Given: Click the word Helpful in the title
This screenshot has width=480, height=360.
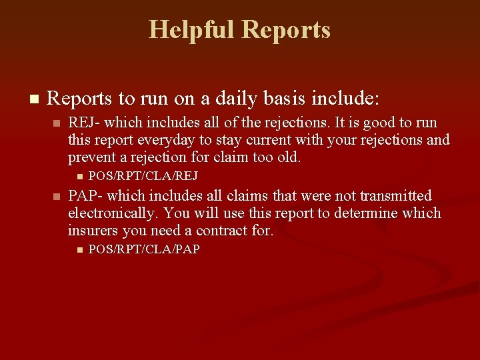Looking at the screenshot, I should [x=192, y=30].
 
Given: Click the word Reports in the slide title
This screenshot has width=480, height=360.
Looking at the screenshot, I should [x=287, y=30].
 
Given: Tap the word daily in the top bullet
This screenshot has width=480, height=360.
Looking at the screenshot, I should [x=248, y=99].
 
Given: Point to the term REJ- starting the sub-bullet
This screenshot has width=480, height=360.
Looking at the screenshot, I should [x=83, y=123].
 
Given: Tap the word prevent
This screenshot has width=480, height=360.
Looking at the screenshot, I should [x=91, y=158].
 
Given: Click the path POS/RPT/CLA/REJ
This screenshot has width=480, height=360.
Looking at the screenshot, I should [x=143, y=177].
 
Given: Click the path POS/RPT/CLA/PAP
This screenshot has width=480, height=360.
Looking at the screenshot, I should [x=144, y=250].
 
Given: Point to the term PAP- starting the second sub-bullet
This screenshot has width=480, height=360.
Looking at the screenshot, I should [x=83, y=196].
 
